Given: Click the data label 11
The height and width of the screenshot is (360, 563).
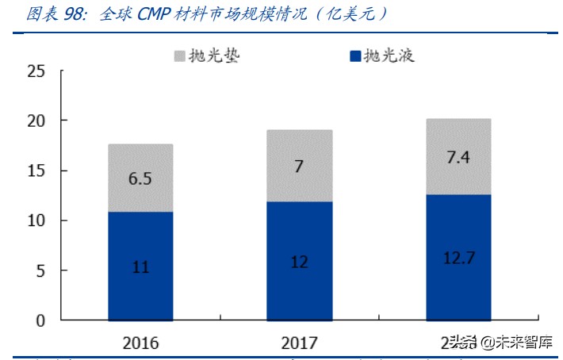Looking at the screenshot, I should pyautogui.click(x=140, y=267).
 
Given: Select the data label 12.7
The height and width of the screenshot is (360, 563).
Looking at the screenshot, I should pyautogui.click(x=458, y=259).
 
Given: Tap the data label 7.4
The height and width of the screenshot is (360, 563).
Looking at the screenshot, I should pyautogui.click(x=458, y=157).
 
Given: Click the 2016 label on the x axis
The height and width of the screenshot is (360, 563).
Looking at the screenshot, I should pyautogui.click(x=140, y=343).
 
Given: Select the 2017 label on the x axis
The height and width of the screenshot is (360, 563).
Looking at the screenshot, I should pyautogui.click(x=299, y=343).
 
